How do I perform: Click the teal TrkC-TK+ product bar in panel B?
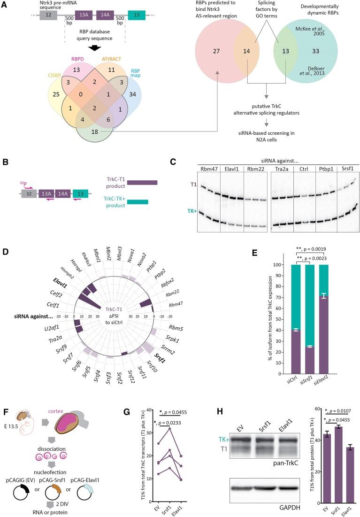[138, 202]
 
